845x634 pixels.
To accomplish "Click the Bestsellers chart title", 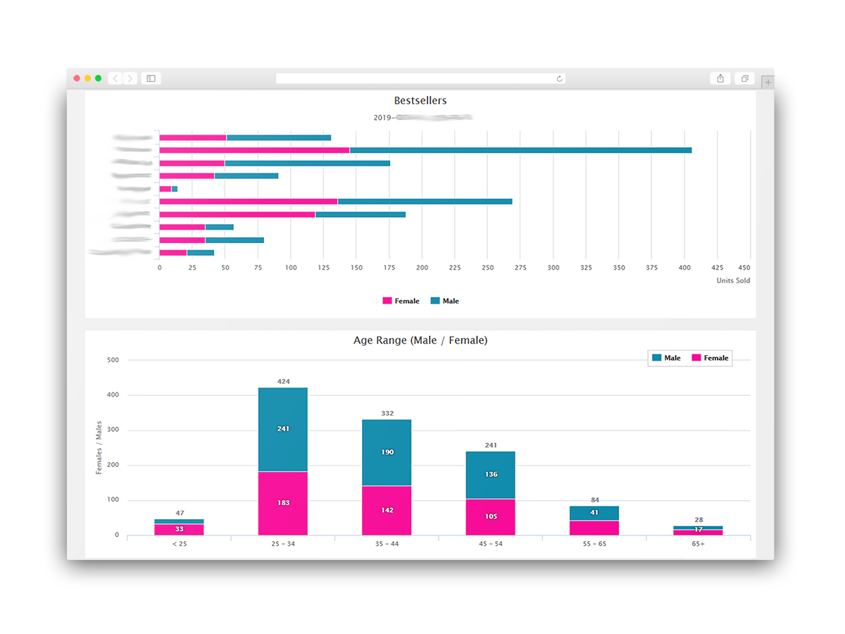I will (420, 101).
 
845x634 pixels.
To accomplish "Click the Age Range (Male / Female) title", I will (420, 340).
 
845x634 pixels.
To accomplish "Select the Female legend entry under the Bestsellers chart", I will (401, 301).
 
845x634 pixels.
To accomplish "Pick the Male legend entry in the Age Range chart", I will (666, 358).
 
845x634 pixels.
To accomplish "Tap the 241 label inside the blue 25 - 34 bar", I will (282, 428).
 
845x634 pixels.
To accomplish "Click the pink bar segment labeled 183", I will (282, 503).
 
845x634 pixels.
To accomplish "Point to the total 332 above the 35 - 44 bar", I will (387, 414).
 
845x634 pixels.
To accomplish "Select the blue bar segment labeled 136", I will (490, 474).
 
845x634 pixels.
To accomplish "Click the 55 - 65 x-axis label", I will (594, 544).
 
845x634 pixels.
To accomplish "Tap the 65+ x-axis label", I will (698, 544).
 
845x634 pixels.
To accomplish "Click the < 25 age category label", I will (179, 544).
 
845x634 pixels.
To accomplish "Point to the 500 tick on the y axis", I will (113, 360).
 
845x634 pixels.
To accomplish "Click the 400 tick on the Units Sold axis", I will (684, 268).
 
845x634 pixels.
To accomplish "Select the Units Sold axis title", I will (733, 280).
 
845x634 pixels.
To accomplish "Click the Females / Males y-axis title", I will (99, 447).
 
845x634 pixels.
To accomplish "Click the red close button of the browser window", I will (77, 78).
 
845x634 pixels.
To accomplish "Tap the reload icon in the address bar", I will (560, 79).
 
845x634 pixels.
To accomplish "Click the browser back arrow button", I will (115, 78).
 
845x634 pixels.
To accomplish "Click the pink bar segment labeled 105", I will (490, 516).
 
